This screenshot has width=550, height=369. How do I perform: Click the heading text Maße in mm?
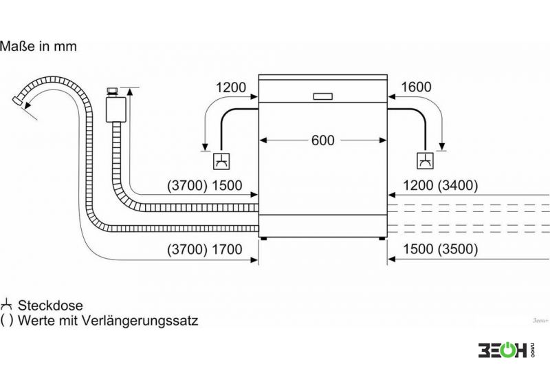[x=38, y=46]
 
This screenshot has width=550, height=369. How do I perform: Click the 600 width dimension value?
[x=322, y=140]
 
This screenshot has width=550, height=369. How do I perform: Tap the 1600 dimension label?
[x=416, y=87]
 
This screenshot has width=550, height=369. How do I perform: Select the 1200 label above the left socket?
[x=231, y=87]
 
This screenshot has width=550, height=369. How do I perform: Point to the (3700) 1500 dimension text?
[x=204, y=185]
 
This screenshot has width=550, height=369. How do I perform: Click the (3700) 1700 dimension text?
[x=204, y=249]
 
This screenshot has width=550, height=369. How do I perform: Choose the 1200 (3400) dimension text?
[x=440, y=185]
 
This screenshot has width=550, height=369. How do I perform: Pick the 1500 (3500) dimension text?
[x=440, y=249]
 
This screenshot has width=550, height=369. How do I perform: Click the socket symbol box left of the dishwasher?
[x=222, y=161]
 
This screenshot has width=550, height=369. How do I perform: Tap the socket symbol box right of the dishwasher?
[x=425, y=161]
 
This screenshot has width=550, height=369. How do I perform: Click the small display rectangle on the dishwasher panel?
[x=322, y=96]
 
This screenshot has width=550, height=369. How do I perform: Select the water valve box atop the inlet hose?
[x=115, y=109]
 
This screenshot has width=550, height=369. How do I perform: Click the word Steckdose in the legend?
[x=50, y=306]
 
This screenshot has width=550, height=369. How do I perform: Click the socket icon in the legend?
[x=6, y=305]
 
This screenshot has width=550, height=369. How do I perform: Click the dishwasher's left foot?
[x=263, y=239]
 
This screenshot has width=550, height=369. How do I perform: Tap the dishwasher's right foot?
[x=382, y=239]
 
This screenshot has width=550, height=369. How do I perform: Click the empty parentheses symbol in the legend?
[x=7, y=320]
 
